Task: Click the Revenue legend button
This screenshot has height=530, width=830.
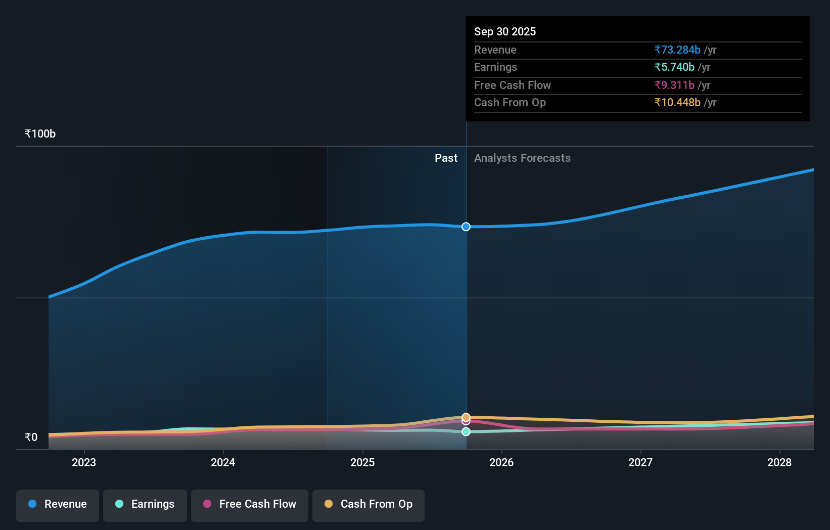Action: pyautogui.click(x=58, y=504)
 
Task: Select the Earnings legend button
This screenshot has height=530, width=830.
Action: pyautogui.click(x=145, y=504)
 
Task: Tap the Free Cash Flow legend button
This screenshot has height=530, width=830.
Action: pyautogui.click(x=250, y=504)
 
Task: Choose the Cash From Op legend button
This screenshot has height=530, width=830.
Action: pyautogui.click(x=368, y=504)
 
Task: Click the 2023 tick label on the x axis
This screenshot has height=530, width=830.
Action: pyautogui.click(x=84, y=462)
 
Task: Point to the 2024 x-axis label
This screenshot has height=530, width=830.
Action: pyautogui.click(x=223, y=462)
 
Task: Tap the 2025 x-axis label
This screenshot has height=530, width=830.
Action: pyautogui.click(x=362, y=462)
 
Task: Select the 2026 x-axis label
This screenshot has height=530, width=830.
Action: pyautogui.click(x=501, y=462)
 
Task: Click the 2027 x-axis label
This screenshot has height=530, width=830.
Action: pyautogui.click(x=640, y=462)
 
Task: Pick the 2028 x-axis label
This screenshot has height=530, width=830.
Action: pyautogui.click(x=779, y=462)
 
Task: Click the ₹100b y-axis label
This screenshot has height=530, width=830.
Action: pyautogui.click(x=40, y=134)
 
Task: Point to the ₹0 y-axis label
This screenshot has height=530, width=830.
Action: pyautogui.click(x=31, y=437)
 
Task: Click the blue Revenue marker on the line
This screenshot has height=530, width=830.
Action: pyautogui.click(x=466, y=227)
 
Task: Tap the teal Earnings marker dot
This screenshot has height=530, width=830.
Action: pyautogui.click(x=466, y=431)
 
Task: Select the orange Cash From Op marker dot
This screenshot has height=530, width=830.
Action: pyautogui.click(x=466, y=417)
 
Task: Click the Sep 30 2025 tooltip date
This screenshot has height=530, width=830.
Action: pyautogui.click(x=505, y=31)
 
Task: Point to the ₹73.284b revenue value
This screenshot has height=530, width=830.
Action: pyautogui.click(x=677, y=50)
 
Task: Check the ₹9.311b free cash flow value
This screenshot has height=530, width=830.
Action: pyautogui.click(x=674, y=85)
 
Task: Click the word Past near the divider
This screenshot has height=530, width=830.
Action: pyautogui.click(x=446, y=158)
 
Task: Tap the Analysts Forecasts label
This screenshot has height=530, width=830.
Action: pyautogui.click(x=522, y=158)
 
